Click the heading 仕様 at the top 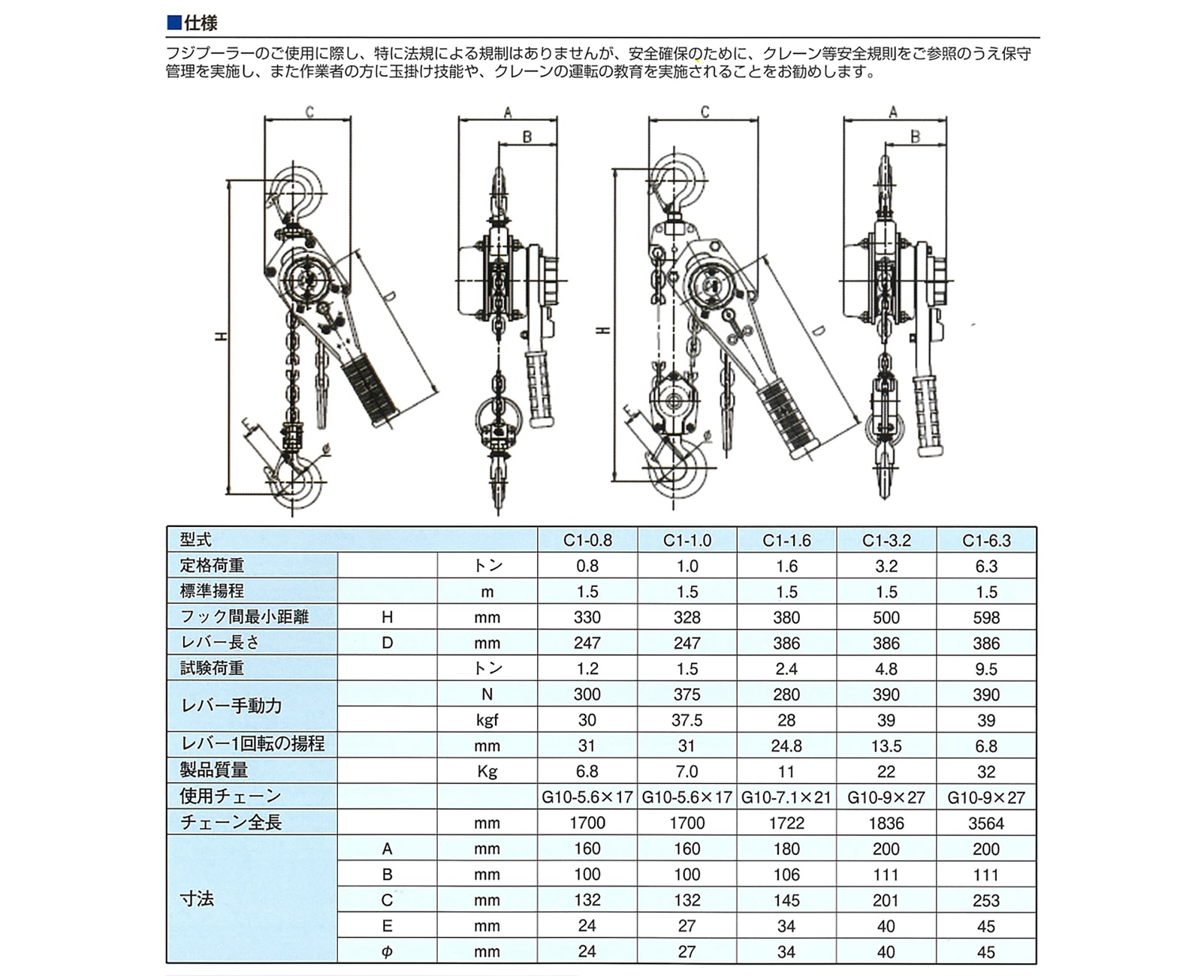coord(200,23)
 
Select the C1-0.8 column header coord(587,541)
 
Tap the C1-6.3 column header coord(986,541)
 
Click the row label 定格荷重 coord(213,565)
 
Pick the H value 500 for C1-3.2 coord(886,618)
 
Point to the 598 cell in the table coord(986,618)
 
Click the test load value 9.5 coord(986,669)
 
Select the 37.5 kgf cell coord(686,721)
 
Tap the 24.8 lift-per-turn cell coord(786,746)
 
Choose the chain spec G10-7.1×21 coord(786,797)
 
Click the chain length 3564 coord(986,824)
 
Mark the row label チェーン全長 coord(231,823)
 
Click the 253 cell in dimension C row coord(986,900)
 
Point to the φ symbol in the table coord(387,952)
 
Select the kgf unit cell coord(487,721)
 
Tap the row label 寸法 coord(197,899)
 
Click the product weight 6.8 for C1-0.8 coord(587,772)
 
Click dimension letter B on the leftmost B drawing coord(527,137)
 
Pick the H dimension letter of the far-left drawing coord(222,337)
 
